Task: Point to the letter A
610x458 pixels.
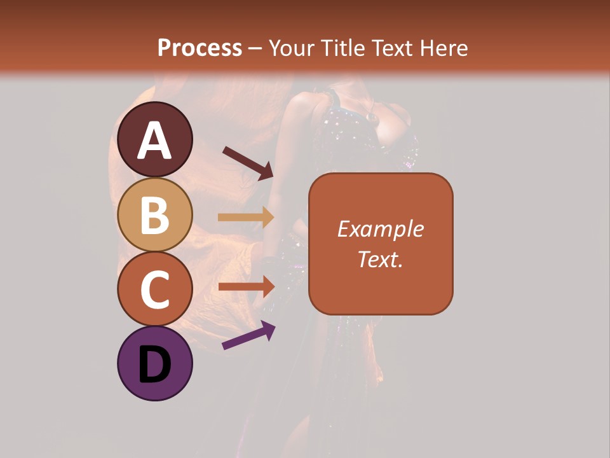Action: [155, 141]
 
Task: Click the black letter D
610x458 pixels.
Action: [155, 365]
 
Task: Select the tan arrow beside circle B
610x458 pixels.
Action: [245, 218]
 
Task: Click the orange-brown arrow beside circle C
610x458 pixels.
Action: [245, 286]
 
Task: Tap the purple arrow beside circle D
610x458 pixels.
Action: [248, 335]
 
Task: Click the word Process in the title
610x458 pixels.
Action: [200, 48]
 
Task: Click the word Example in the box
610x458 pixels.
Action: [381, 230]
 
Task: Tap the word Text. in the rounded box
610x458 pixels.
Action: [381, 259]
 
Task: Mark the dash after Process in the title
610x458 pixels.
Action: [255, 49]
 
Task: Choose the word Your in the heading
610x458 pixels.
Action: [289, 48]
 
